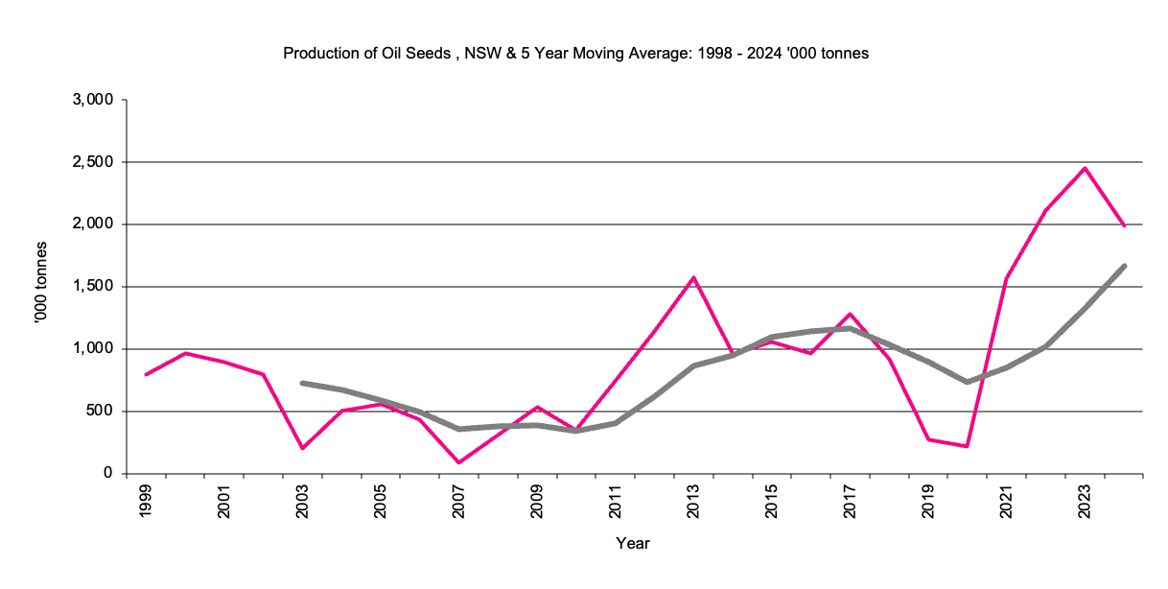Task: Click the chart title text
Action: point(575,54)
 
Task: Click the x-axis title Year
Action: point(633,544)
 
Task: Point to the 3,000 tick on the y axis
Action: point(93,100)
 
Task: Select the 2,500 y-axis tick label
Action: point(93,162)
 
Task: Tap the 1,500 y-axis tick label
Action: point(93,287)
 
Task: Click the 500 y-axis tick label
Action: point(100,412)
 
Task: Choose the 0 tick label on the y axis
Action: point(109,474)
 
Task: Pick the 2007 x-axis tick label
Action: point(458,503)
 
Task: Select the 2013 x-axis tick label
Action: point(693,503)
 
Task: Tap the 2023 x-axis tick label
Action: point(1085,503)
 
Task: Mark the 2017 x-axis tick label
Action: point(850,503)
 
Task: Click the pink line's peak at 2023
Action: point(1085,168)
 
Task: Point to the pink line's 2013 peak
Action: point(693,278)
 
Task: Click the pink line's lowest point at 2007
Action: point(458,462)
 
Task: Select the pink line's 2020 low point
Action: point(967,446)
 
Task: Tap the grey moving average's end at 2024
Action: point(1124,266)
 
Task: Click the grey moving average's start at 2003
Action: point(302,383)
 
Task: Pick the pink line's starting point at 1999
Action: point(146,374)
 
